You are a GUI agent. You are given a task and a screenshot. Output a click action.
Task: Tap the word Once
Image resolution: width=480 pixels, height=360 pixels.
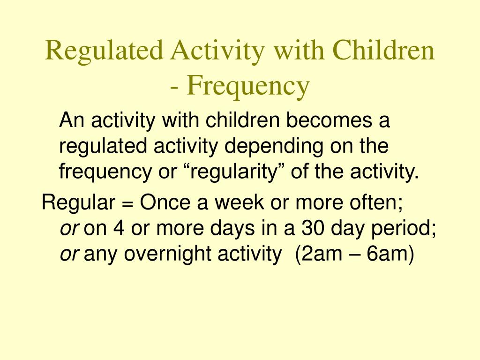pyautogui.click(x=162, y=203)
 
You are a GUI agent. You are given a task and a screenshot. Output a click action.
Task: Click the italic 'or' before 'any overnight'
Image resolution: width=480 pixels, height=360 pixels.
pyautogui.click(x=70, y=255)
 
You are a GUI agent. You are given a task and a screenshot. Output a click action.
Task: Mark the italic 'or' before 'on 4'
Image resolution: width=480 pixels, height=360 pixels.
pyautogui.click(x=70, y=229)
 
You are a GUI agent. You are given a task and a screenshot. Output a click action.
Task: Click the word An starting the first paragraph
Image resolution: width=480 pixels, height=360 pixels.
pyautogui.click(x=71, y=121)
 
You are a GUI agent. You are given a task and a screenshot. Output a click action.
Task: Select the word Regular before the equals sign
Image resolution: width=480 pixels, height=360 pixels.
pyautogui.click(x=78, y=203)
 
